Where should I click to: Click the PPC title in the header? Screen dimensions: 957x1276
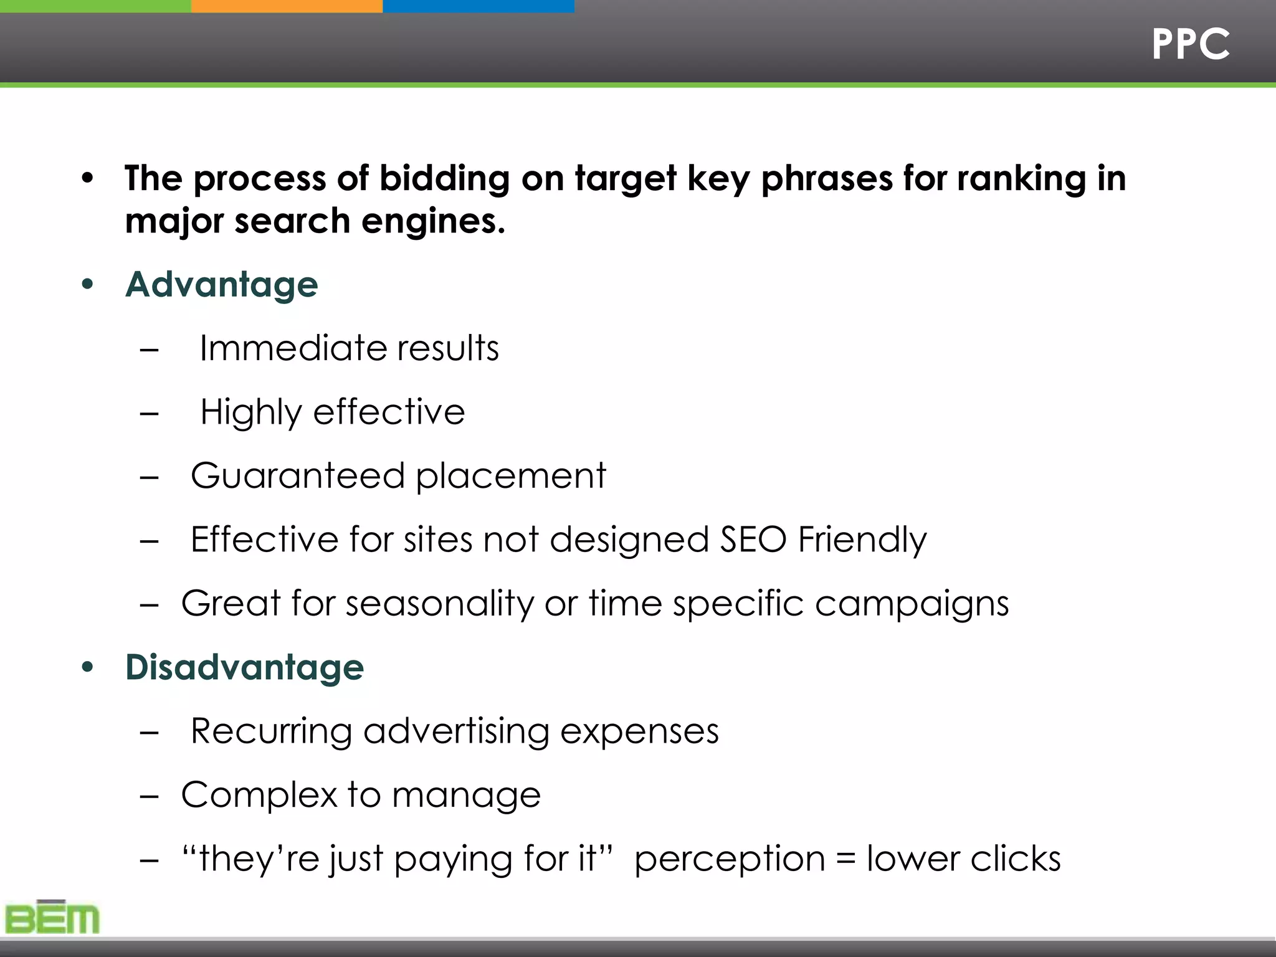[x=1190, y=44]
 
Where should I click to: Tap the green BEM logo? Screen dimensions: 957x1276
[x=52, y=917]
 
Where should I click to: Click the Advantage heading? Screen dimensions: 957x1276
[x=222, y=285]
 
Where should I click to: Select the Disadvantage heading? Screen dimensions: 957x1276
[x=244, y=667]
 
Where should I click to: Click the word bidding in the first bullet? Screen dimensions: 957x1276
[x=444, y=179]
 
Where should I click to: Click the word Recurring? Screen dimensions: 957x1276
[x=271, y=731]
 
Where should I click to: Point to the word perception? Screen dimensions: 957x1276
[x=730, y=860]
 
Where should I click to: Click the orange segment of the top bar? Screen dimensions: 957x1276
[x=287, y=6]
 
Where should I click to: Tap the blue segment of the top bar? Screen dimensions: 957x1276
[x=478, y=6]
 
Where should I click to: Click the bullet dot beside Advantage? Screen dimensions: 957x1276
[x=87, y=285]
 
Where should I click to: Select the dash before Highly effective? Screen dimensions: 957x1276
[x=150, y=412]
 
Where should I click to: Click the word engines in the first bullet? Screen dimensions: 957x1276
[x=433, y=222]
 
